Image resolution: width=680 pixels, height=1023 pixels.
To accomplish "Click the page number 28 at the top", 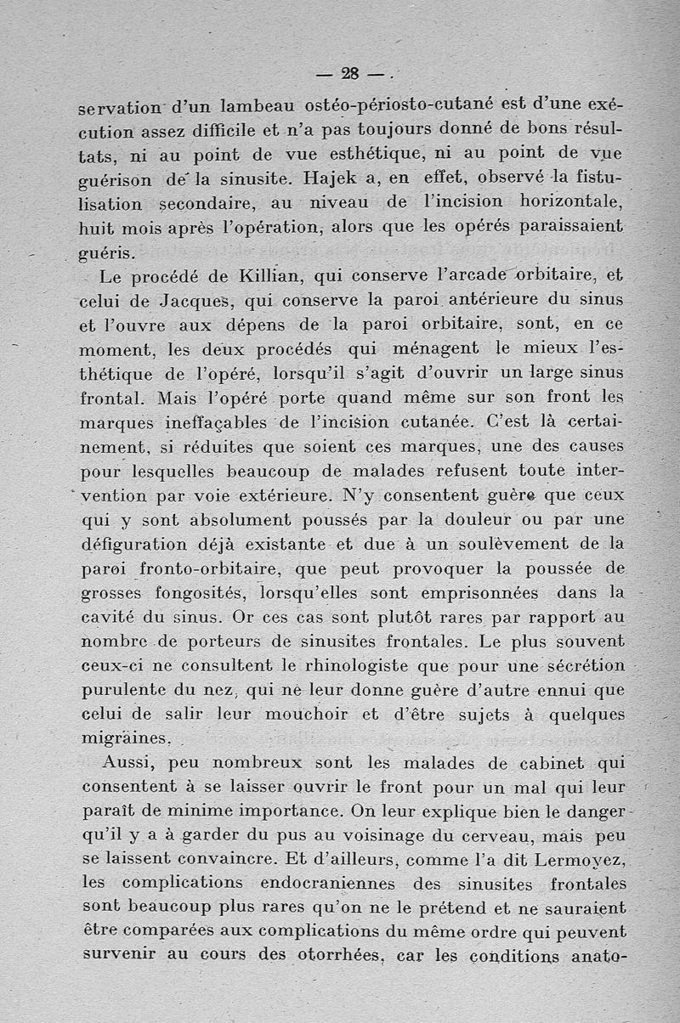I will click(x=348, y=74).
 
